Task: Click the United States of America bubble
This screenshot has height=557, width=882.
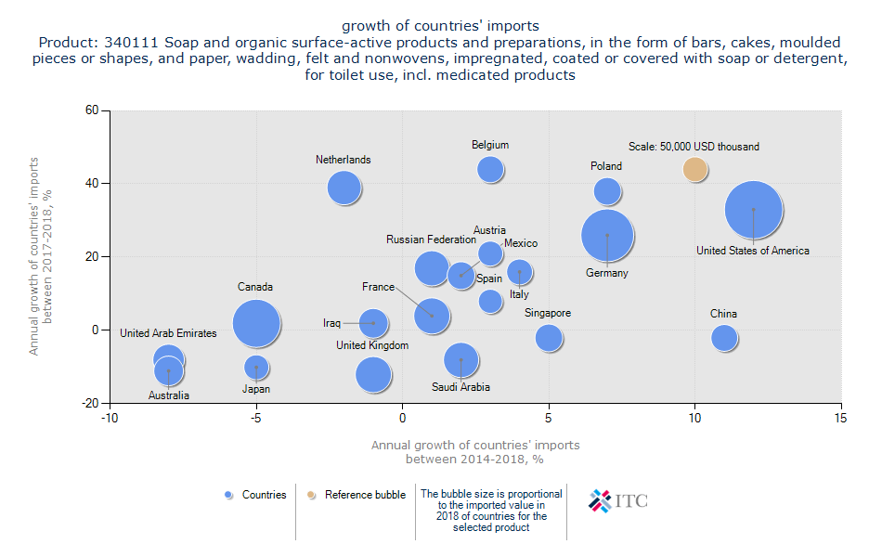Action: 754,211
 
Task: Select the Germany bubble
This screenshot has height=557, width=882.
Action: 607,236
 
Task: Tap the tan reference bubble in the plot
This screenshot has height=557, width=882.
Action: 695,169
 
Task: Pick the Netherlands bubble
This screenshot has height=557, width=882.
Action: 344,188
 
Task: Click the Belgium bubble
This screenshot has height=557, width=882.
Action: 490,169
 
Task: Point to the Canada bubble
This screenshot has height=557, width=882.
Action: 256,324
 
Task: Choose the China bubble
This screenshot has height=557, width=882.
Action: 724,338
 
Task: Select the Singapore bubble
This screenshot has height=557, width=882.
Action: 549,338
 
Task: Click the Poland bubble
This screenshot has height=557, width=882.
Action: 607,191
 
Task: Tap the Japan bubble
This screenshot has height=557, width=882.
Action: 256,368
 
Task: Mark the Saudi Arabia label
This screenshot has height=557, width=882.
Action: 460,387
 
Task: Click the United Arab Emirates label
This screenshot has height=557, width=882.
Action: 168,333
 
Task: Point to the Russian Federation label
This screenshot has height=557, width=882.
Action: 431,240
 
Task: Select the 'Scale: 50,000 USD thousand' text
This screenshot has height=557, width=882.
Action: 694,147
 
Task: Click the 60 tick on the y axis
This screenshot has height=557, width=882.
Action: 92,110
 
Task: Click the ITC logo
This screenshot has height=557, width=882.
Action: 619,501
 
